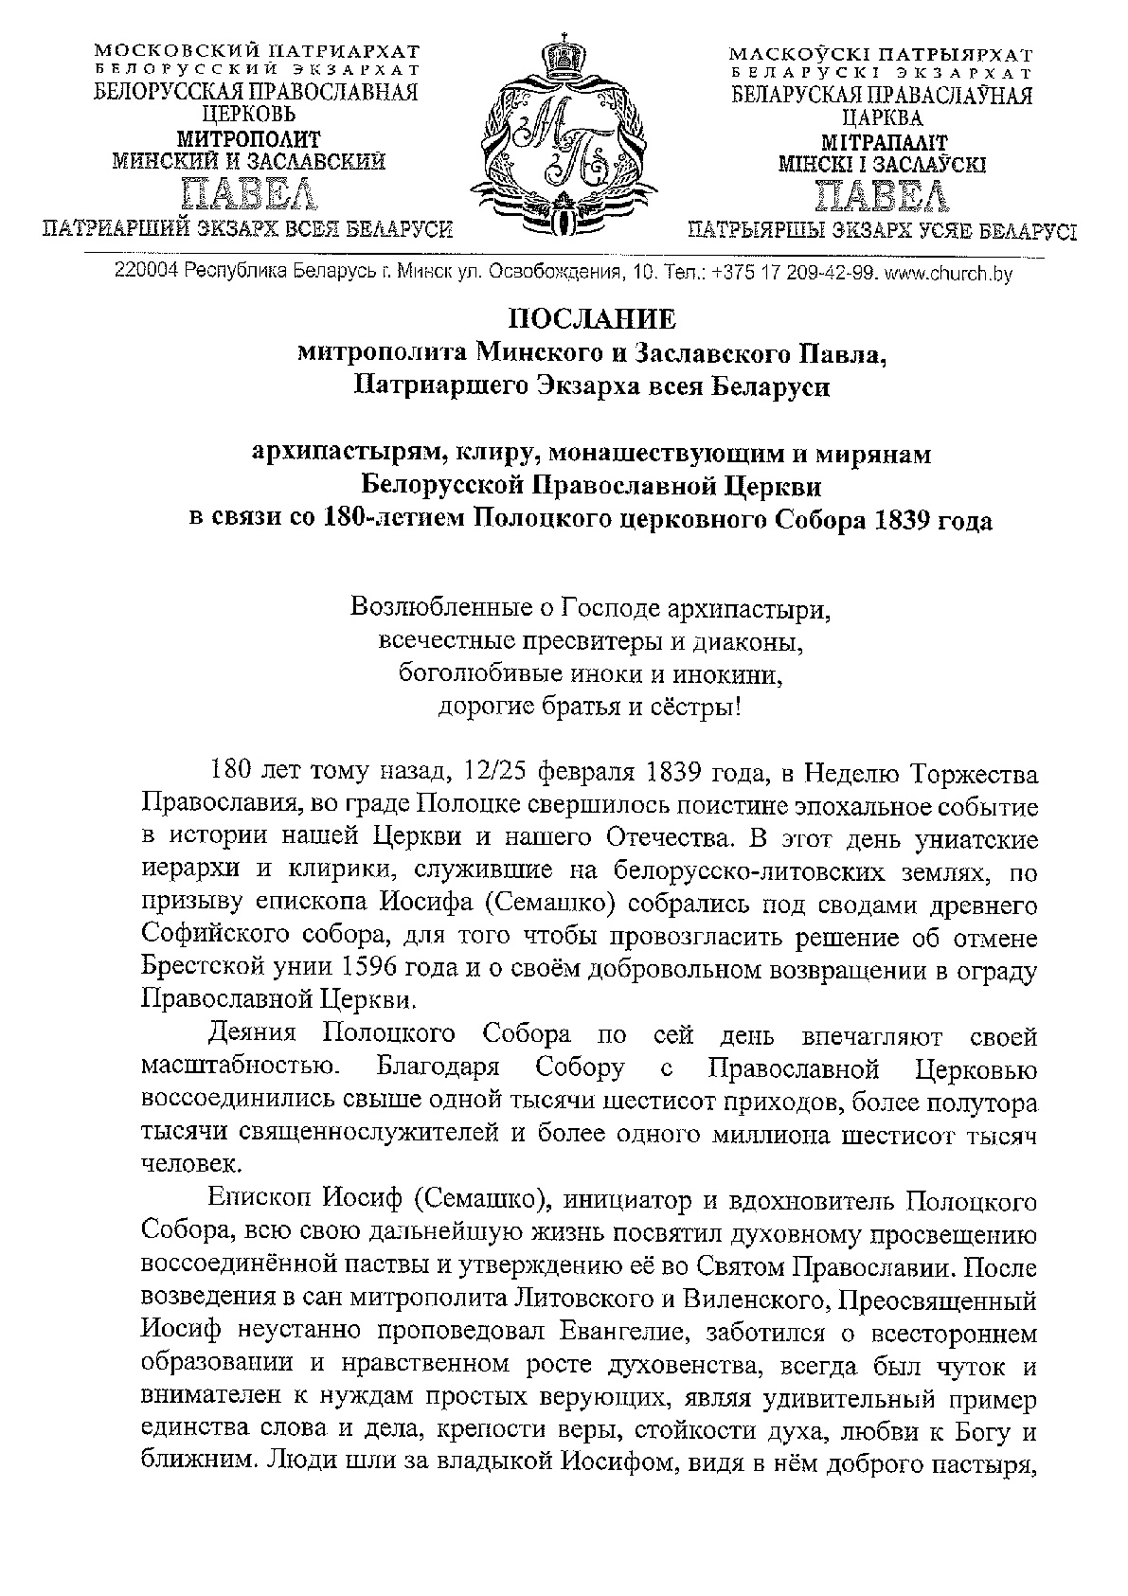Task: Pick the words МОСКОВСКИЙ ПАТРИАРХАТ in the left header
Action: click(257, 51)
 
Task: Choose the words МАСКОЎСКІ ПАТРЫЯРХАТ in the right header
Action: click(881, 54)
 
